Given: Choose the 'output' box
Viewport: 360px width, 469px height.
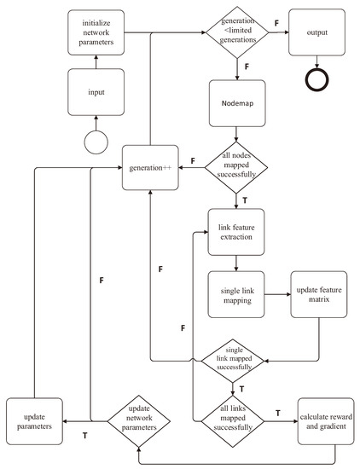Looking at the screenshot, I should tap(318, 34).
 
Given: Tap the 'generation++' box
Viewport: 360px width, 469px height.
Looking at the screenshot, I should tap(151, 167).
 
